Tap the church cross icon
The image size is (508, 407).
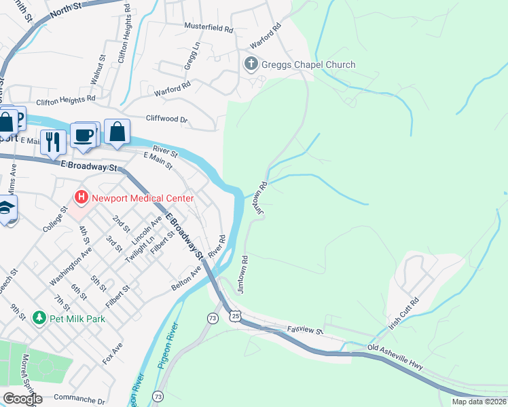pos(250,65)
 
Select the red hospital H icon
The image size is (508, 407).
pos(81,198)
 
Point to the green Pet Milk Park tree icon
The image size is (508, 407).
pos(40,317)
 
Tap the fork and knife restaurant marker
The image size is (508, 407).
pos(52,141)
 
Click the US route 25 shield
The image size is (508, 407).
pos(235,316)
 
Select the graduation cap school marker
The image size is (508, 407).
pos(5,209)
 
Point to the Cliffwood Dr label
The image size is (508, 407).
pos(167,119)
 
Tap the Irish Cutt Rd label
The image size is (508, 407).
pos(404,313)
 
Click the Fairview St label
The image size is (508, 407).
pos(304,330)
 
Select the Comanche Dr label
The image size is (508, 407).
pos(75,401)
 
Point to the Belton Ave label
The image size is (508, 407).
pos(187,279)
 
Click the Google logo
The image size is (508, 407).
pos(22,399)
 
